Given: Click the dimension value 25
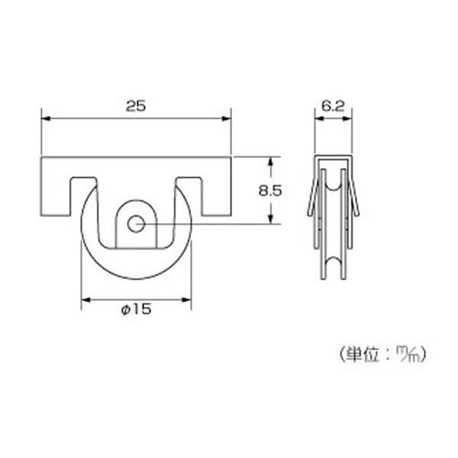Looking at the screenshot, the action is (x=136, y=106).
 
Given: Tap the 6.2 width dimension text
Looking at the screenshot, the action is (x=334, y=106).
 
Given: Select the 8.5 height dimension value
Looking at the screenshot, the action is (x=270, y=191).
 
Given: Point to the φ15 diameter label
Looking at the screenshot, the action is (x=137, y=309).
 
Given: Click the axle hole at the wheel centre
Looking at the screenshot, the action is (x=136, y=224).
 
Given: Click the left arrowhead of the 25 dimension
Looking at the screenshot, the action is (x=46, y=118).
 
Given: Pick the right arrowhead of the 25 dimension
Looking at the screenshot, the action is (x=227, y=118).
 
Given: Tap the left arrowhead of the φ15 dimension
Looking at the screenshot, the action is (x=85, y=300).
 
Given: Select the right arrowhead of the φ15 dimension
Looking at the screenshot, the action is (x=186, y=300).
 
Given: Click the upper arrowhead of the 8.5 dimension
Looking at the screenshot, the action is (x=270, y=162).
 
